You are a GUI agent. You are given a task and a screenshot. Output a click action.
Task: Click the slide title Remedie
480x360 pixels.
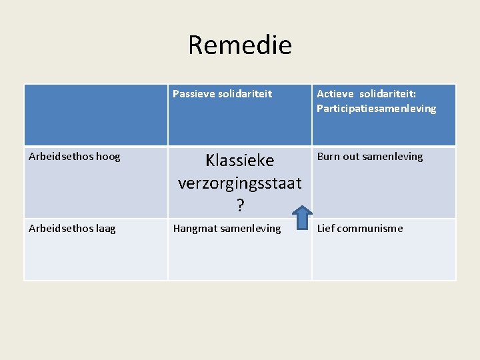tap(240, 45)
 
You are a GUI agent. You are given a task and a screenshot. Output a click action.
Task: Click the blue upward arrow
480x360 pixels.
tap(302, 218)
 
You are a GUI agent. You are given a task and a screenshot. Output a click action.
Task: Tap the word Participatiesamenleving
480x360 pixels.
tap(376, 109)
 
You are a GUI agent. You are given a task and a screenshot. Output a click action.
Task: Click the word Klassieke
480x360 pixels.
tap(239, 161)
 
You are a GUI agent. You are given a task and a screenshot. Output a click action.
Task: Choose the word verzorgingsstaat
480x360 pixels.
tap(239, 183)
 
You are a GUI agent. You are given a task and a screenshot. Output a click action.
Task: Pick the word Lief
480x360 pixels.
tap(327, 229)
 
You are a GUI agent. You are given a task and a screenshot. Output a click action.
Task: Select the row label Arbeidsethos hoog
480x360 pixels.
tap(75, 157)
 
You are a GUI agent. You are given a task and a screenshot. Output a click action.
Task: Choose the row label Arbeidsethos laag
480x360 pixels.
tap(72, 229)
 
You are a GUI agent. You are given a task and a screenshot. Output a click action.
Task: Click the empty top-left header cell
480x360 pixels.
tap(96, 115)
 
